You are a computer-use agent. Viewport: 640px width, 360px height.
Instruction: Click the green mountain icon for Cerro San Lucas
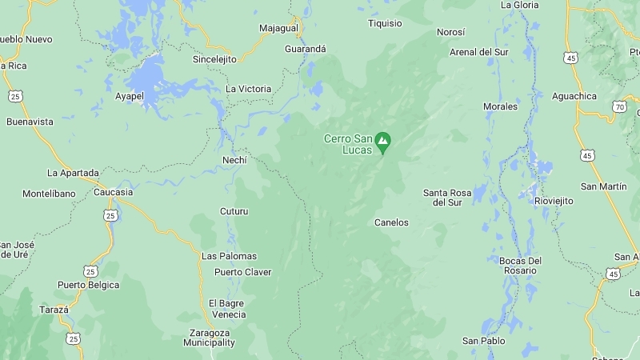[382, 141]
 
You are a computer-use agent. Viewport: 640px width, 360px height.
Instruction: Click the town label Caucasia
[113, 192]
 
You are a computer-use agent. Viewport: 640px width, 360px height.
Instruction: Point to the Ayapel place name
[130, 95]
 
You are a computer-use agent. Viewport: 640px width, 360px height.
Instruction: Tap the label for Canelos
[391, 222]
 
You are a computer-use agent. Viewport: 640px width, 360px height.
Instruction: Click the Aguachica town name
[574, 96]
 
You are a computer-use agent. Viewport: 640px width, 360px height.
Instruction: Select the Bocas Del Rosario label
[520, 266]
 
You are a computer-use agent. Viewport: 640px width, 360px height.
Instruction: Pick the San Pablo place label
[483, 341]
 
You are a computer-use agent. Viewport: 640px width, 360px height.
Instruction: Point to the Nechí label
[234, 160]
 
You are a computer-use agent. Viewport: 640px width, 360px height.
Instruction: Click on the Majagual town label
[278, 28]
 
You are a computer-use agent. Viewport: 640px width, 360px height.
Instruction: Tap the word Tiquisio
[385, 23]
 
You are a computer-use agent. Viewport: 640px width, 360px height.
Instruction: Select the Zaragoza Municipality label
[210, 338]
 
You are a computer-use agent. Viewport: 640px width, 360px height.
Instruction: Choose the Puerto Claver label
[242, 272]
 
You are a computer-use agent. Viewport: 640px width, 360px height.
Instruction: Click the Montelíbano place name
[49, 194]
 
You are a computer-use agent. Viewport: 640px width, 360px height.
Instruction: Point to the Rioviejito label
[554, 201]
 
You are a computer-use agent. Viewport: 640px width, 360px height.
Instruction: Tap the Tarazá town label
[54, 309]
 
